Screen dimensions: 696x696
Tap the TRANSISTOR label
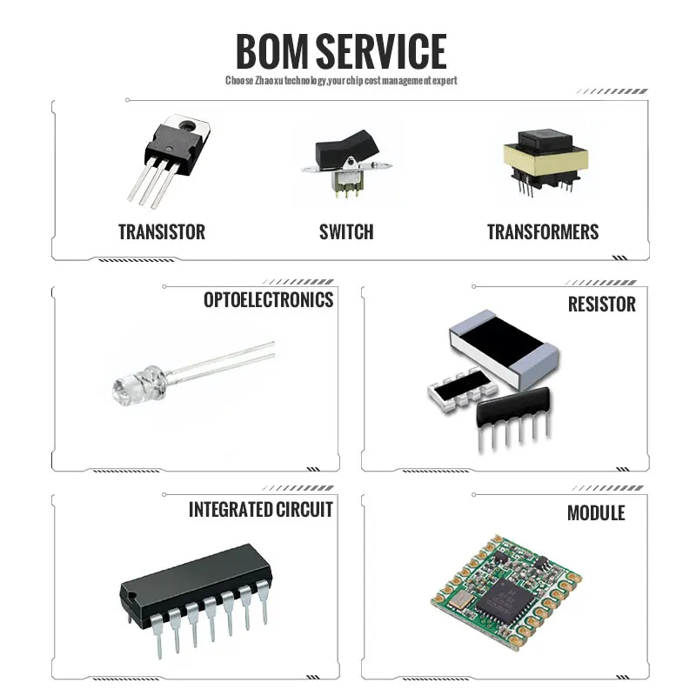click(x=162, y=232)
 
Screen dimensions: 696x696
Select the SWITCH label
click(x=346, y=232)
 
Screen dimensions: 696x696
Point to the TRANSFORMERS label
click(x=543, y=232)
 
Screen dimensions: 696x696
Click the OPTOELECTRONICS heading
click(x=268, y=300)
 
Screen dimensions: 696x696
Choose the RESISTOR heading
click(x=602, y=304)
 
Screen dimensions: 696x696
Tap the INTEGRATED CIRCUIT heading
click(x=261, y=510)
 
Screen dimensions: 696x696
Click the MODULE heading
click(x=596, y=513)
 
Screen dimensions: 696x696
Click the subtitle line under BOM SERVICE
click(x=341, y=81)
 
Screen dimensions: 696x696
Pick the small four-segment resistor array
click(x=453, y=388)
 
